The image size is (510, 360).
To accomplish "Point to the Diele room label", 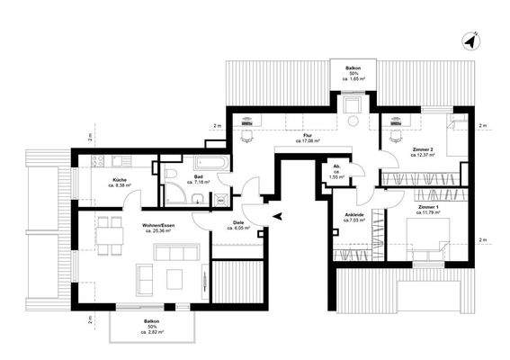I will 239,223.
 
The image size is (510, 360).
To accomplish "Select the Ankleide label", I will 355,215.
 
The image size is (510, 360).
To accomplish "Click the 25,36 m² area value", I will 158,231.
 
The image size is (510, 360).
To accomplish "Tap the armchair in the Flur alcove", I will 353,117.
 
